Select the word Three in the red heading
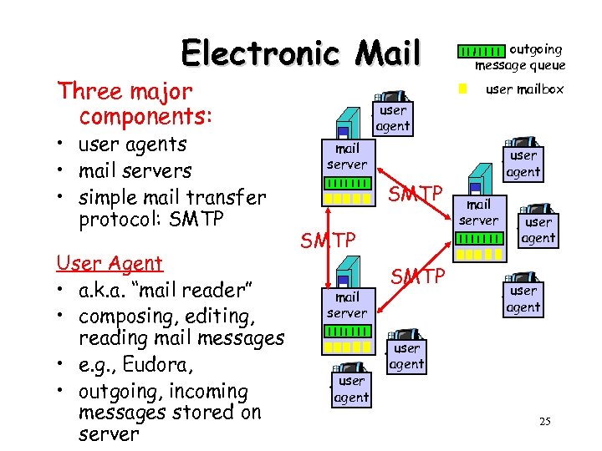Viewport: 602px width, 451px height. tap(88, 91)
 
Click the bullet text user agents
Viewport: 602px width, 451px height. tap(131, 144)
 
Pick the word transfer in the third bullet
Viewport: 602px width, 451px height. tap(224, 198)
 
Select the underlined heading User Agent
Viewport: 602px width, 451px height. tap(109, 263)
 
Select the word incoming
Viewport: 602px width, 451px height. tap(204, 392)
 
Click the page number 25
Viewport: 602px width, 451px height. tap(544, 421)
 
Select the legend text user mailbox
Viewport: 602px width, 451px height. tap(524, 89)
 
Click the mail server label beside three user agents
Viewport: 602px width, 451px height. tap(480, 212)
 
